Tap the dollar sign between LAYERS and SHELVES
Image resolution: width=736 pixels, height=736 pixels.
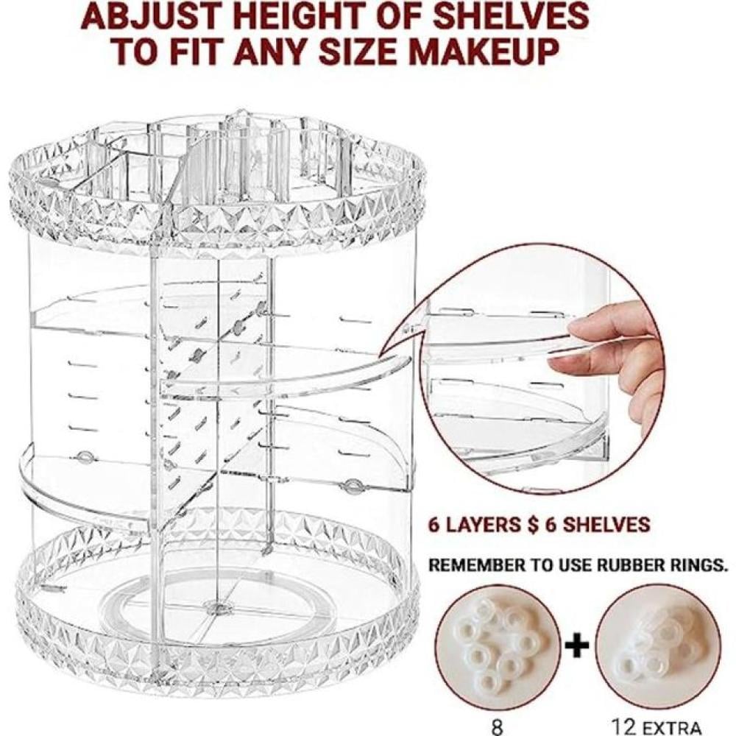click(x=532, y=524)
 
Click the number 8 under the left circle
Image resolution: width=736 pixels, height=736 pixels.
click(x=497, y=727)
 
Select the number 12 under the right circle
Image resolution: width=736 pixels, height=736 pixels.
click(x=624, y=727)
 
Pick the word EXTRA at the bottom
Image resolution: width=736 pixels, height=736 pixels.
click(x=672, y=728)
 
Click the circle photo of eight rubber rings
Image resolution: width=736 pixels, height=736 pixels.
click(x=498, y=645)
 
